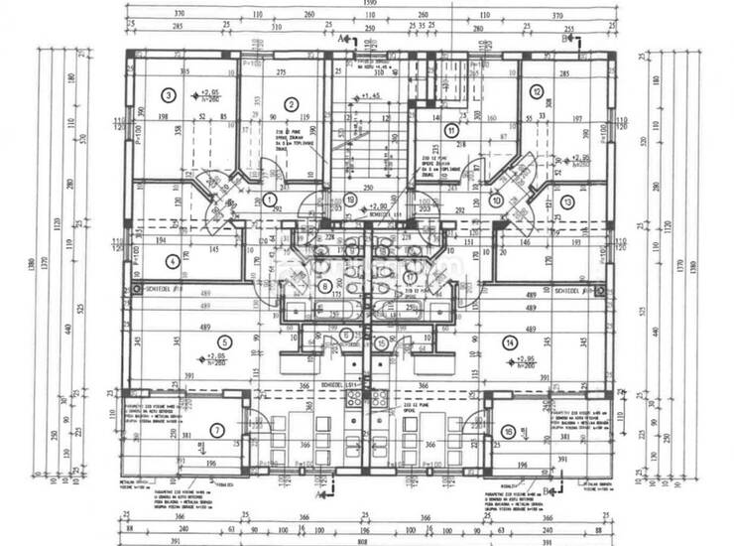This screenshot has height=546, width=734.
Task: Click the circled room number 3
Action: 169,95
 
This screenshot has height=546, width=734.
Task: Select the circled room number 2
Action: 292,104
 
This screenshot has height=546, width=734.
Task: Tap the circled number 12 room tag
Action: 536,91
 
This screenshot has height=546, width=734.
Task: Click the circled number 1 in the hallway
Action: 269,199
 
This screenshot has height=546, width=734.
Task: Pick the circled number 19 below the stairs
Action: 350,199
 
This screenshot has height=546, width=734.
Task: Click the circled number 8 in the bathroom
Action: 324,286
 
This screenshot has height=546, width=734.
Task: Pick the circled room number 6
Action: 344,334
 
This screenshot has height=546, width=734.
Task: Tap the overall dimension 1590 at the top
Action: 366,6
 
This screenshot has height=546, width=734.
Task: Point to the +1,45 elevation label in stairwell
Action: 371,95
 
